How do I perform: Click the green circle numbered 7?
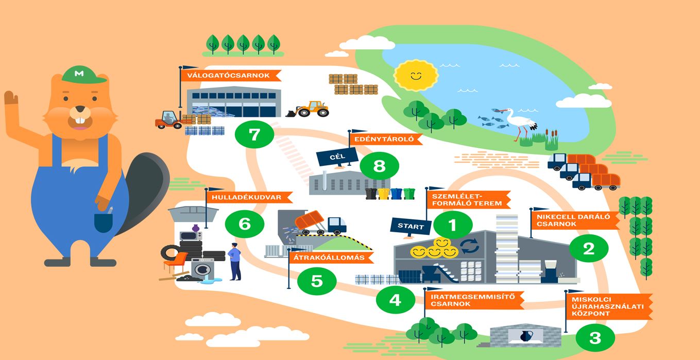point(254,135)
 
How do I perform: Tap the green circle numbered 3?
point(595,338)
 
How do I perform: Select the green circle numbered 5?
point(316,281)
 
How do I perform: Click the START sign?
point(411,226)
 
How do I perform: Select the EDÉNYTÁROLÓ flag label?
point(386,139)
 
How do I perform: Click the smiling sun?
point(415,76)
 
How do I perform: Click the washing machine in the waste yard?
point(202,268)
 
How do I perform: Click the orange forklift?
point(168,120)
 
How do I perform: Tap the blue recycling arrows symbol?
point(470,245)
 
